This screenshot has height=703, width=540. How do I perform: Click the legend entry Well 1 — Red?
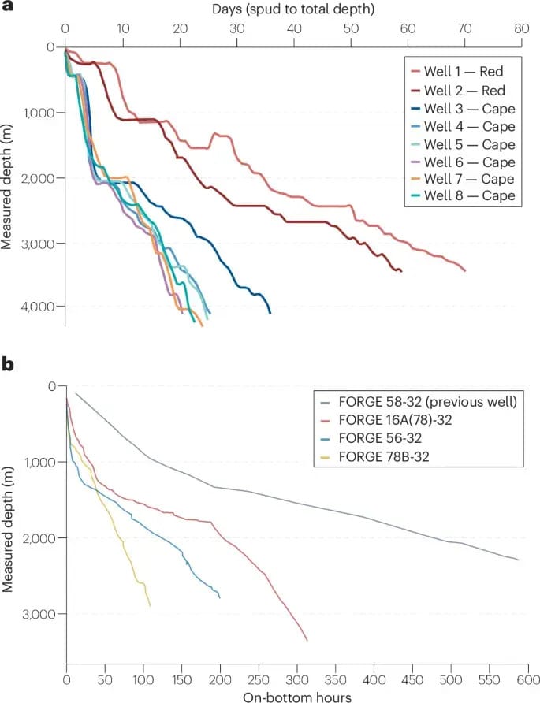pyautogui.click(x=463, y=72)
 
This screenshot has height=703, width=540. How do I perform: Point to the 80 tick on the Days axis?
pyautogui.click(x=522, y=28)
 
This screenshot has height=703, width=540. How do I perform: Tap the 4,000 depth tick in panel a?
pyautogui.click(x=39, y=307)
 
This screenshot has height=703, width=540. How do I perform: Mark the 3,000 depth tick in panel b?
pyautogui.click(x=39, y=614)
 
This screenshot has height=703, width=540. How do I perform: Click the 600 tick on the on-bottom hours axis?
pyautogui.click(x=528, y=679)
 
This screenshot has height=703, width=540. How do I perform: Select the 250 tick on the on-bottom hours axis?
pyautogui.click(x=259, y=679)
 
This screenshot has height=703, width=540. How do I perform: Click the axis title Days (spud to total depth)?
pyautogui.click(x=292, y=10)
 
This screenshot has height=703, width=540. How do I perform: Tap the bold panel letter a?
pyautogui.click(x=8, y=10)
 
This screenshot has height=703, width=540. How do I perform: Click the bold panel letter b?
pyautogui.click(x=8, y=365)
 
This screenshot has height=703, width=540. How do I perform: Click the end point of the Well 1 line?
pyautogui.click(x=465, y=270)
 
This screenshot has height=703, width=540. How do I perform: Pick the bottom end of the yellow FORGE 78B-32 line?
pyautogui.click(x=150, y=605)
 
